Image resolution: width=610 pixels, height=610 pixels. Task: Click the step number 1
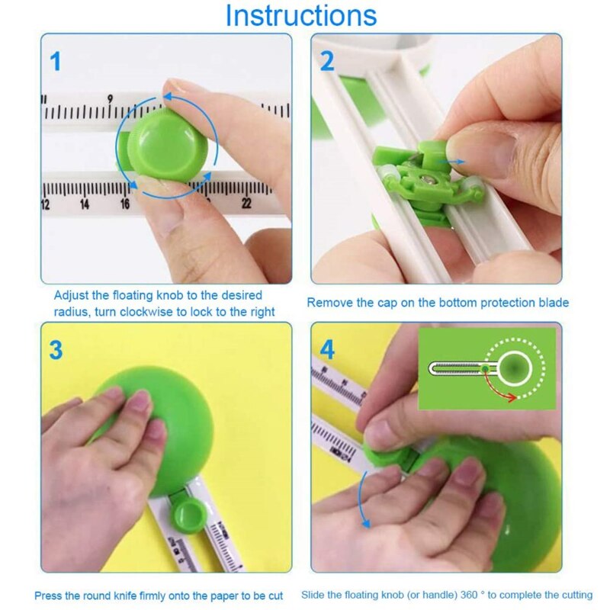tap(56, 61)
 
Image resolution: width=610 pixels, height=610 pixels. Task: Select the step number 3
tap(56, 350)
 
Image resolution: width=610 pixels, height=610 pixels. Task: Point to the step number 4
tap(327, 350)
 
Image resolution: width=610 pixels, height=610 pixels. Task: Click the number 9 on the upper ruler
tap(111, 98)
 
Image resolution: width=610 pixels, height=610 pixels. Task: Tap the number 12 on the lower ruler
tap(45, 204)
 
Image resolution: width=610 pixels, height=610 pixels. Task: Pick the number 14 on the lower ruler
tap(85, 204)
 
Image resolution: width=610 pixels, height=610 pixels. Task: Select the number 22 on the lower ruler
tap(246, 204)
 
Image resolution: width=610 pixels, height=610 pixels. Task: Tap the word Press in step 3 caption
tap(49, 595)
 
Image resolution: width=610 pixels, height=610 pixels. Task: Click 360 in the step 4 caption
tap(478, 595)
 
